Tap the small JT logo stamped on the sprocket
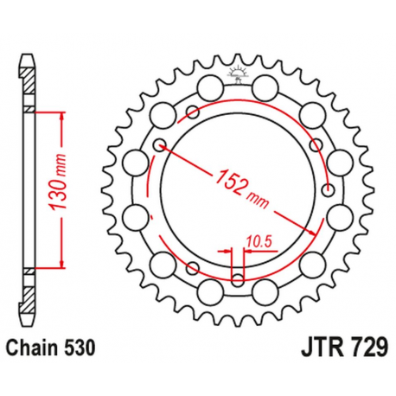(236, 74)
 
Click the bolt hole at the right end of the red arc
(326, 189)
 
